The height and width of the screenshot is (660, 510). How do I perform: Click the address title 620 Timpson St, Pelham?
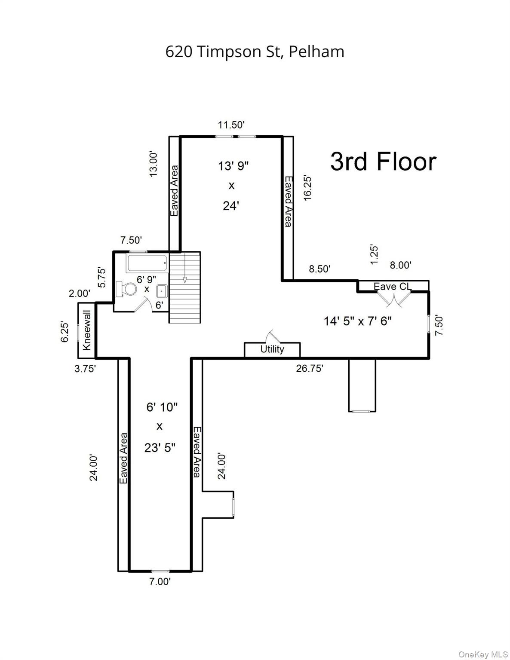[255, 52]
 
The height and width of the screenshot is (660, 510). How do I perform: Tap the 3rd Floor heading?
[383, 162]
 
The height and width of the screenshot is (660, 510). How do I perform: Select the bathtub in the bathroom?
[147, 263]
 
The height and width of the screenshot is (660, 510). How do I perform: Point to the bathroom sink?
[162, 291]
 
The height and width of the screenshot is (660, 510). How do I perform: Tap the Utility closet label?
[272, 349]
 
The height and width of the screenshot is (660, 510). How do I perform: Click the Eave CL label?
[392, 286]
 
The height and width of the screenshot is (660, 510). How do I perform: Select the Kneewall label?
[87, 330]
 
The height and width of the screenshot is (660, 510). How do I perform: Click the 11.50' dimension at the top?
[231, 125]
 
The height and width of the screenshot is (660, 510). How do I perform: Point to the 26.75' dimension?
[309, 368]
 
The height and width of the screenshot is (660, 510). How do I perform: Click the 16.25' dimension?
[307, 187]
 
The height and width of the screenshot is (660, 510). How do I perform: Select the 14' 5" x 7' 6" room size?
[357, 321]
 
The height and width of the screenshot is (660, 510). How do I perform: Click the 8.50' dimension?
[320, 269]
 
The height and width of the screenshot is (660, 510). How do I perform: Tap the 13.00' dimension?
[154, 163]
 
